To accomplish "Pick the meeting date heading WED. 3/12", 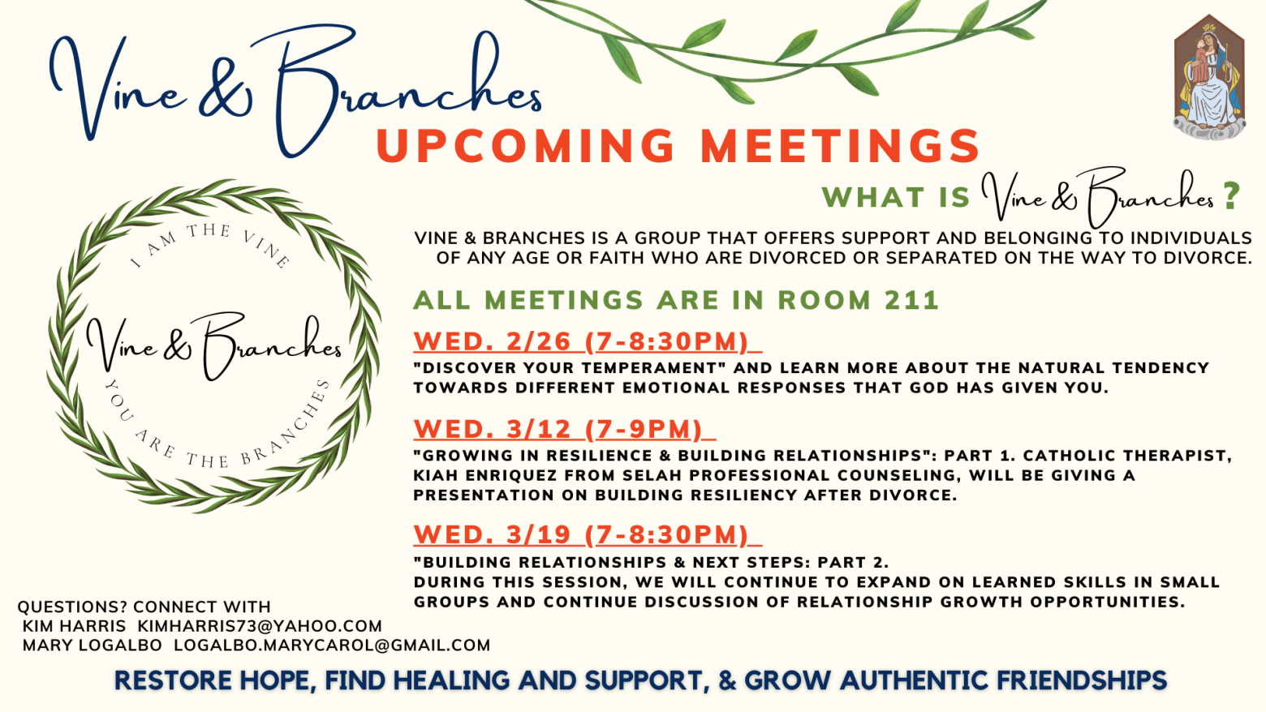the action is tap(493, 429).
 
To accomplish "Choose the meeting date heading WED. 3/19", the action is tap(493, 534).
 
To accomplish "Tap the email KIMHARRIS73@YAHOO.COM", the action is tap(260, 625).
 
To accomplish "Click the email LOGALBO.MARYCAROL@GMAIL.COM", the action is tap(332, 645).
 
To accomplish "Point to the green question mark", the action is tap(1231, 195).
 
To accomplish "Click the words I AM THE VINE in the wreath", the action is tap(210, 242).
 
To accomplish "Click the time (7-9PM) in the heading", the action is tap(644, 429).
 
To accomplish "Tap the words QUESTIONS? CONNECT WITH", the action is tap(144, 607).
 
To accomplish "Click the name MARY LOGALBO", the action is tap(93, 645).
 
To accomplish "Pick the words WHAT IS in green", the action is tap(896, 198).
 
